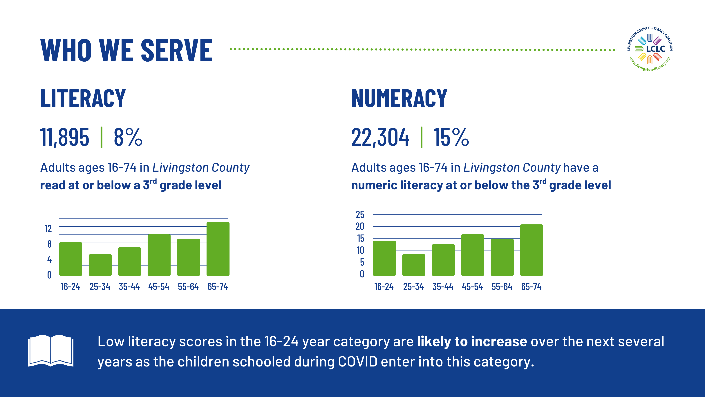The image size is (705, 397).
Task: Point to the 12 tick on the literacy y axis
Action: (x=48, y=228)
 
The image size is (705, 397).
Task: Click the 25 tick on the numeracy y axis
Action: (x=360, y=214)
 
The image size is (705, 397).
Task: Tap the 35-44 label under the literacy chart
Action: (x=129, y=287)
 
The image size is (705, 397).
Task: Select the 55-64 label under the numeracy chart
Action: (x=502, y=287)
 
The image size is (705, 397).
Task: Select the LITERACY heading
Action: (x=83, y=98)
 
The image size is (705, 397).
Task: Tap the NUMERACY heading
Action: (x=399, y=98)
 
